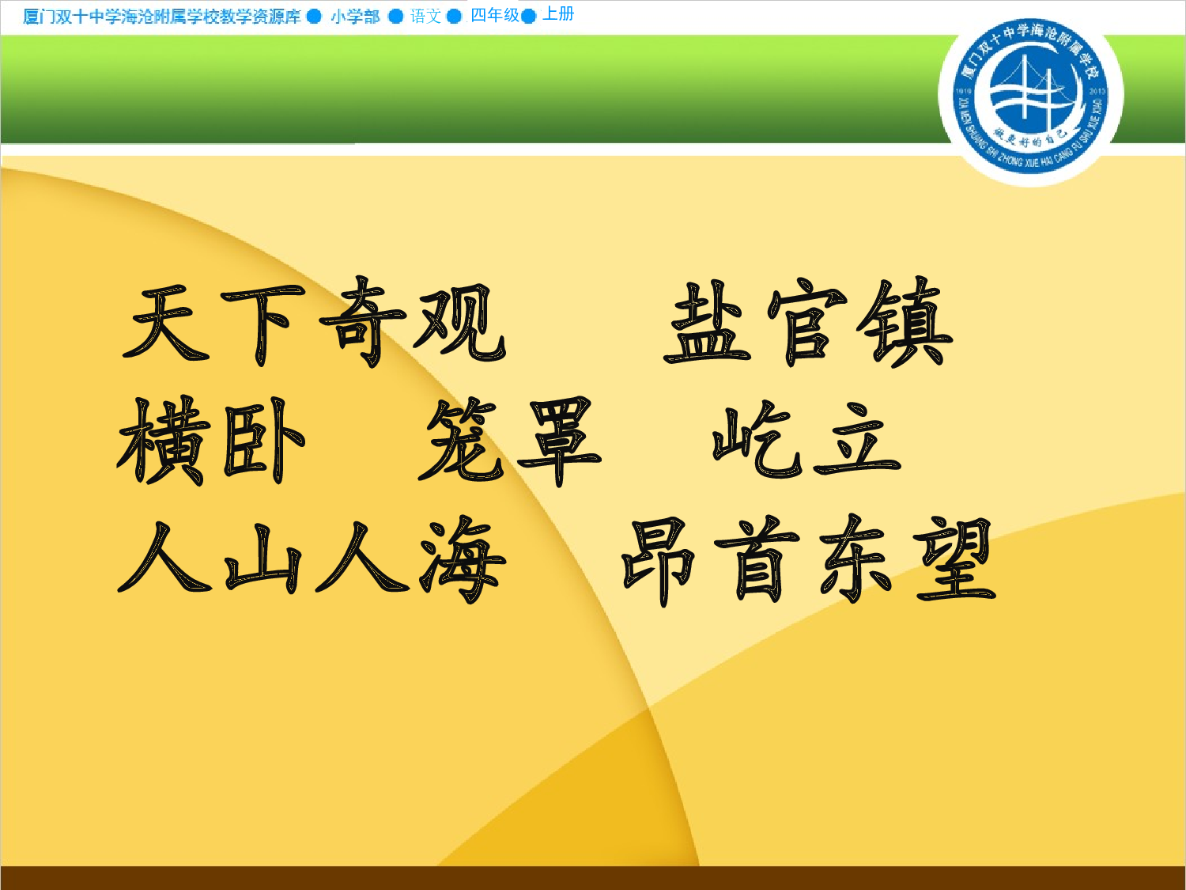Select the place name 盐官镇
[x=808, y=323]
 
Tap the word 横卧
[x=211, y=440]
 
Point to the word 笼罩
[x=510, y=440]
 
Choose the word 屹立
[x=806, y=440]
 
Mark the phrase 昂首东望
[x=808, y=560]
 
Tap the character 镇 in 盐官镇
[x=907, y=323]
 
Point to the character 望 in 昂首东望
[x=954, y=560]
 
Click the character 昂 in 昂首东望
[x=659, y=560]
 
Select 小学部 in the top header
[x=355, y=17]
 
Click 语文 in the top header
[x=425, y=16]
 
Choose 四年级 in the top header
[x=495, y=15]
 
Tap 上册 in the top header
[x=558, y=14]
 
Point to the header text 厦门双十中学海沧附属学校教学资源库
[x=162, y=17]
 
